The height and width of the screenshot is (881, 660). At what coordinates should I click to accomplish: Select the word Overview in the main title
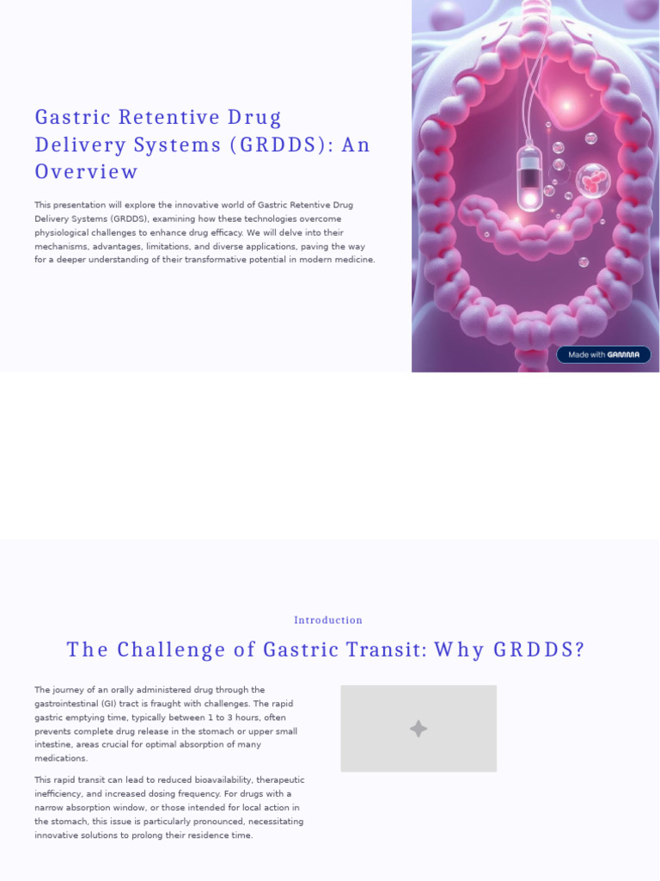[x=86, y=172]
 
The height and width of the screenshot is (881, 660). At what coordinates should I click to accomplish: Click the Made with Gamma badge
[x=603, y=354]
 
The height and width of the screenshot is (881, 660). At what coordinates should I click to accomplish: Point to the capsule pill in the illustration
[x=530, y=178]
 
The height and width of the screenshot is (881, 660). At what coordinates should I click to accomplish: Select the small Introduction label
[x=328, y=620]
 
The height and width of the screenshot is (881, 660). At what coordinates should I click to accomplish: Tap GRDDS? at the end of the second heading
[x=539, y=650]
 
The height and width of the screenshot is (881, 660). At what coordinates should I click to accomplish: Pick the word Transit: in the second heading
[x=382, y=650]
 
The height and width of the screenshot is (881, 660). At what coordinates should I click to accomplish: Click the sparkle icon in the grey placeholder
[x=419, y=729]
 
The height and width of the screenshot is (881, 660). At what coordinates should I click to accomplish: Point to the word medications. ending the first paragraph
[x=61, y=759]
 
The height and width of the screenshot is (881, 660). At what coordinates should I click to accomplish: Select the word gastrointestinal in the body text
[x=70, y=704]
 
